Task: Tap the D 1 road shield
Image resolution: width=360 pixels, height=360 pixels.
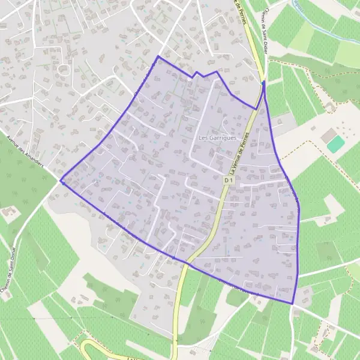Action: [x=229, y=180]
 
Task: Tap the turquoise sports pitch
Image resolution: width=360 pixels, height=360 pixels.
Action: [x=336, y=143]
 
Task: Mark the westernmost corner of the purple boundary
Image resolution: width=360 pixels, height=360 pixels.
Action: [x=61, y=180]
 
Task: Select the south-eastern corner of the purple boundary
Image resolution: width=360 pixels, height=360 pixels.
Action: [x=293, y=304]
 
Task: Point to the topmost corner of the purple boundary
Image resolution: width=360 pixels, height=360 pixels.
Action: [x=158, y=56]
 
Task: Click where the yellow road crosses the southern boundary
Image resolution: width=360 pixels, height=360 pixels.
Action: [x=186, y=263]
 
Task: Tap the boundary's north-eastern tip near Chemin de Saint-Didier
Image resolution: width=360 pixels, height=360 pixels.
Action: [x=263, y=81]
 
